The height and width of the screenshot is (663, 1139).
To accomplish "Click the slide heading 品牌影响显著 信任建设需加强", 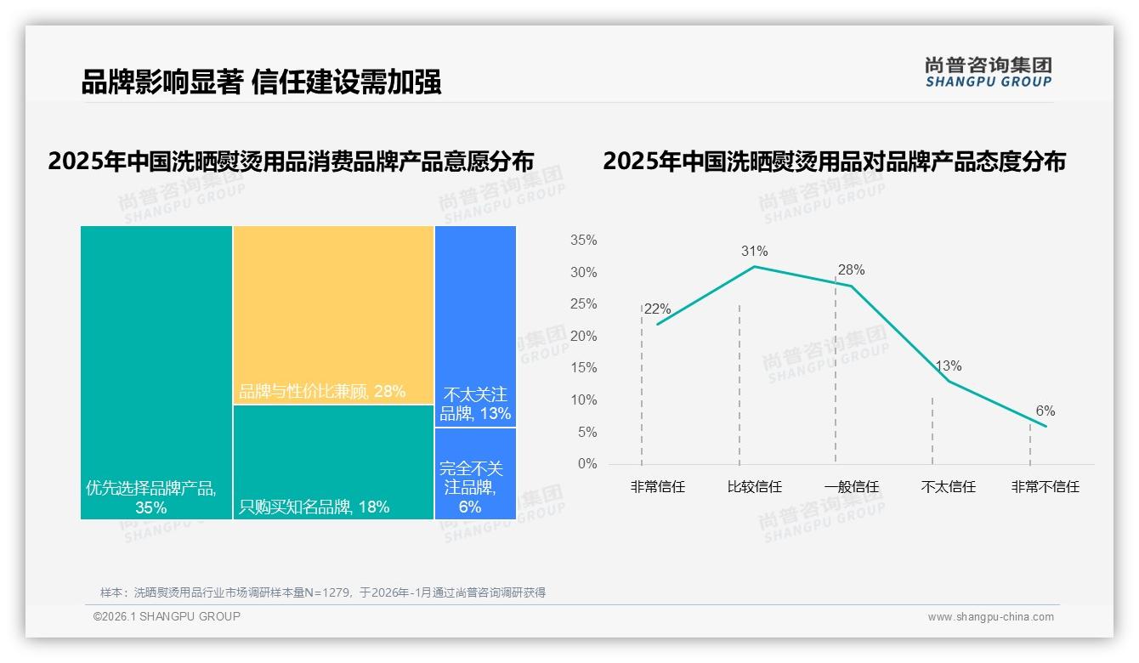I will [x=261, y=82].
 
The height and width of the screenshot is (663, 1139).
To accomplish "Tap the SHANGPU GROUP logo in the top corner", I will [x=988, y=72].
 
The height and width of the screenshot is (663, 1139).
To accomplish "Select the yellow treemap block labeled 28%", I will [x=333, y=314].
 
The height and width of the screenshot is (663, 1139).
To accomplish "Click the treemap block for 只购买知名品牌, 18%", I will [x=333, y=462].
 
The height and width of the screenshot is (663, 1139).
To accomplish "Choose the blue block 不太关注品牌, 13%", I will [x=475, y=326].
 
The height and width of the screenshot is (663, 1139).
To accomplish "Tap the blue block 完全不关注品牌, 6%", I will [x=475, y=473].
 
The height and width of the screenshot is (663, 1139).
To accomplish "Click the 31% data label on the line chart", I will [x=754, y=252].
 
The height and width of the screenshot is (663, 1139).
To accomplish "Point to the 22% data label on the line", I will [x=657, y=309].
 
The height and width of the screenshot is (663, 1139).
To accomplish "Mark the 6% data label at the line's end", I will [x=1045, y=411].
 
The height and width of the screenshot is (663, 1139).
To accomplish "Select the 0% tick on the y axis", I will [x=587, y=464].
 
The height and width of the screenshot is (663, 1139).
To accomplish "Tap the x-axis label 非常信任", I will [x=657, y=487].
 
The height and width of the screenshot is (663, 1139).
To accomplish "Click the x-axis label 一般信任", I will [x=851, y=487].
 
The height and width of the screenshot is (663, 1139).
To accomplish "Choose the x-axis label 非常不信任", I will [x=1045, y=487].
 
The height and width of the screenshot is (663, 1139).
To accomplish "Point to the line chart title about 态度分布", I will [x=834, y=161].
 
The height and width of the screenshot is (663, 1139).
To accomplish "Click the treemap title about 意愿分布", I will [x=291, y=161].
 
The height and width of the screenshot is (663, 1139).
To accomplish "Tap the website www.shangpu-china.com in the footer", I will [x=990, y=617].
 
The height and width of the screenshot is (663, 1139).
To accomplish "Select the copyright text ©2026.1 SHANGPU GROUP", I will [x=167, y=616].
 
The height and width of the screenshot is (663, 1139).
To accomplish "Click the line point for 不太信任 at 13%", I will [x=948, y=381].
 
